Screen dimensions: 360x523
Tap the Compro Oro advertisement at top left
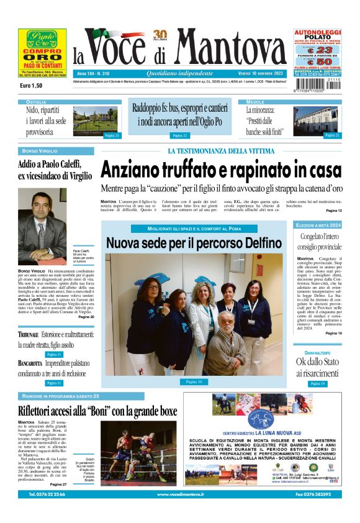(x=38, y=53)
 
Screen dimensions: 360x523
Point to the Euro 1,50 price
(x=32, y=86)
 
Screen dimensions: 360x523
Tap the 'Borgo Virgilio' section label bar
(x=56, y=151)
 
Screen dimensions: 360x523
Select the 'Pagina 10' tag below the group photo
(x=194, y=381)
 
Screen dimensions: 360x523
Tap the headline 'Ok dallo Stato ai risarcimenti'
(x=319, y=367)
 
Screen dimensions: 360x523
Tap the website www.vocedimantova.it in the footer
(x=180, y=494)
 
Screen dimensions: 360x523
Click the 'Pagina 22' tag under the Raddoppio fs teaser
(x=181, y=135)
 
